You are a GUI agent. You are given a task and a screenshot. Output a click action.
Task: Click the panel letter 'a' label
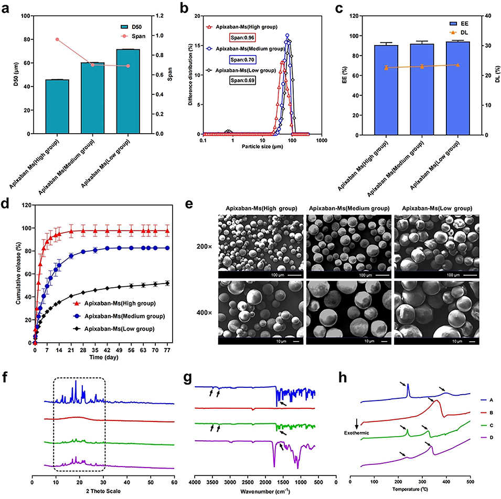[5, 6]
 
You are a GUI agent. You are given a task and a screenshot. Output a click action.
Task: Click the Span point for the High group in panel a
[57, 39]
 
